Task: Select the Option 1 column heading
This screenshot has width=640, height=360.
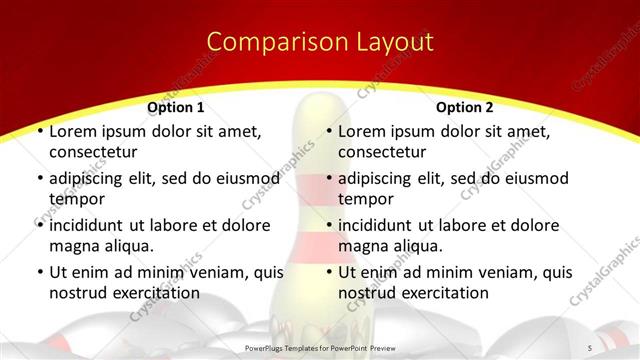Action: coord(176,107)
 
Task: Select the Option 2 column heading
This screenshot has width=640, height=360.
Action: coord(465,107)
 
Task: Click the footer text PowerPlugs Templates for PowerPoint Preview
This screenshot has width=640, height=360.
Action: coord(318,346)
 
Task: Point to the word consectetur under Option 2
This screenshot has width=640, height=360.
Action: coord(382,153)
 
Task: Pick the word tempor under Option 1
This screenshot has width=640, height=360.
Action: coord(75,199)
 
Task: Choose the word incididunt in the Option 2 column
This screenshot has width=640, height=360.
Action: coord(381,225)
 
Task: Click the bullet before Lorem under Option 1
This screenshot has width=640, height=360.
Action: coord(39,131)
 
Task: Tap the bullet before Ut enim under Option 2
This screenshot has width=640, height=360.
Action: coord(328,272)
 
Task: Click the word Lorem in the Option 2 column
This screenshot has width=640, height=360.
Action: coord(361,131)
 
